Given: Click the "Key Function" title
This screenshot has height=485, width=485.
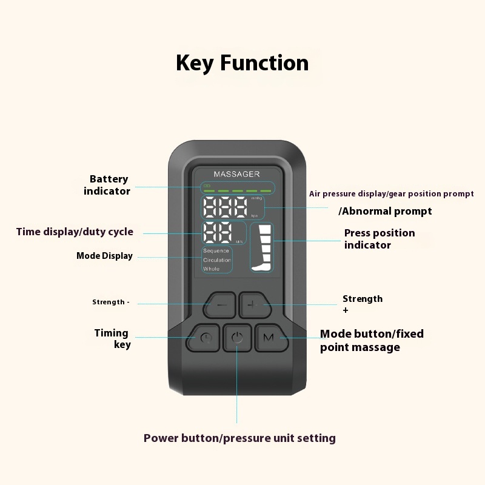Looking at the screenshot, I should [x=242, y=63].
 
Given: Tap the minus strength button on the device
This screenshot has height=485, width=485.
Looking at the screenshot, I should [x=221, y=305].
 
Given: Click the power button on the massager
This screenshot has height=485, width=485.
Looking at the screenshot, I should [x=237, y=338].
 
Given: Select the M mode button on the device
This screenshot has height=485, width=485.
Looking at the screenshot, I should [x=268, y=337].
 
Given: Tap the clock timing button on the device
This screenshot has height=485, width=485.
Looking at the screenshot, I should [x=206, y=338].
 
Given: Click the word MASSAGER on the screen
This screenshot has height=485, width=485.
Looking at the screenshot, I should [x=236, y=174].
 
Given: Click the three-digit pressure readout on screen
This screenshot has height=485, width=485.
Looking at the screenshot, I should [x=225, y=209].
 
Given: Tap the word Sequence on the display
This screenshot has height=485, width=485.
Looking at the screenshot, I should [x=216, y=250].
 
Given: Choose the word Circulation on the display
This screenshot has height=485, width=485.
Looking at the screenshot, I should [x=217, y=260].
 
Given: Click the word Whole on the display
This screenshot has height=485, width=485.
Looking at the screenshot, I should [x=212, y=269].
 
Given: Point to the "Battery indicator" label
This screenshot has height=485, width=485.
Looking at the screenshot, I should [x=108, y=185].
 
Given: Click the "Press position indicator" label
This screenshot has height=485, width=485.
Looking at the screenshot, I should [x=380, y=239].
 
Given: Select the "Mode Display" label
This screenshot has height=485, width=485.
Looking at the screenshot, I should [x=104, y=256].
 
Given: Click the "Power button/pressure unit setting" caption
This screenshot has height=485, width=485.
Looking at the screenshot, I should [x=239, y=438].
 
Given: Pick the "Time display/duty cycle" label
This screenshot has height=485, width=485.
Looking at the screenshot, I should [x=75, y=232].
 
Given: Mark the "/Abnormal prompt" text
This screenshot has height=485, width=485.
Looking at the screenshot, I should [x=385, y=211].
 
